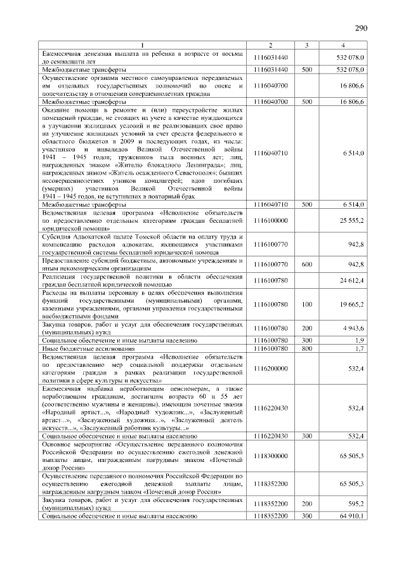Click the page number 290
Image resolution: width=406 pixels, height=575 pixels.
[361, 28]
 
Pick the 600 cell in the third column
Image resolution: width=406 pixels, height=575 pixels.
[306, 263]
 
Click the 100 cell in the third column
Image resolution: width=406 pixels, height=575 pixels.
[306, 304]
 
